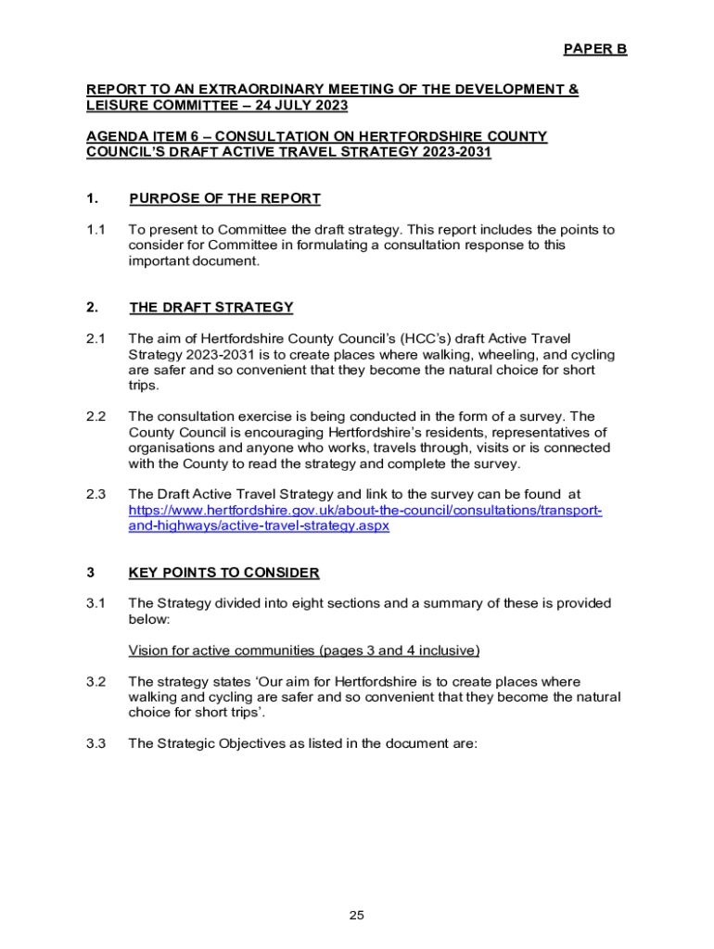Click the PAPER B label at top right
(x=595, y=49)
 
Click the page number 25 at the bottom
(x=357, y=916)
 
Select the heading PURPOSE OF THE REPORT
(x=225, y=198)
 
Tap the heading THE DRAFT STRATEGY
(x=211, y=308)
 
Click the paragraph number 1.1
(x=96, y=230)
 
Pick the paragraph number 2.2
(x=96, y=417)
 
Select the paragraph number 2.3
(x=96, y=495)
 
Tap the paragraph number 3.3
(x=96, y=743)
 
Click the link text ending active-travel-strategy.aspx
(x=259, y=526)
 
